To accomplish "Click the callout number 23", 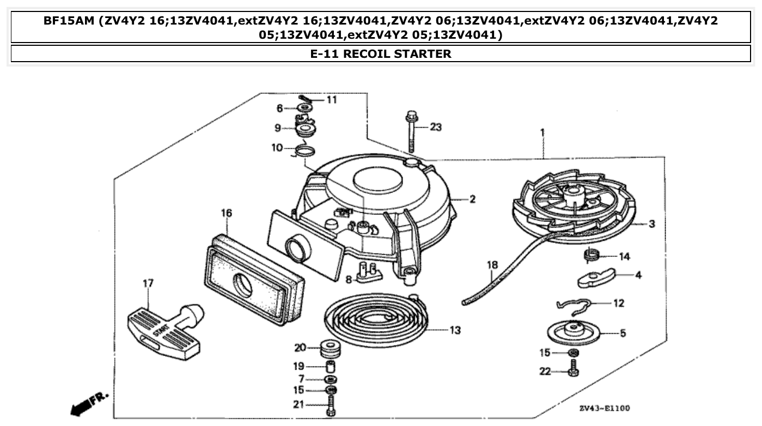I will [x=436, y=128].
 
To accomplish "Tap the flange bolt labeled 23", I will [x=410, y=131].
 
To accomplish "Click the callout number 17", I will [x=148, y=283].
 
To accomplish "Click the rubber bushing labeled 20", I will [x=330, y=347].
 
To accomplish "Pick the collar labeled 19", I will [x=330, y=366].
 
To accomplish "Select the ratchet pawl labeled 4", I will [x=595, y=277].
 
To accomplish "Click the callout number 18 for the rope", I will [x=492, y=265].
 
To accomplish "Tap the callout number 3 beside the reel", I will [x=651, y=224].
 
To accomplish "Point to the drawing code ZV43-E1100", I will [x=605, y=409].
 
